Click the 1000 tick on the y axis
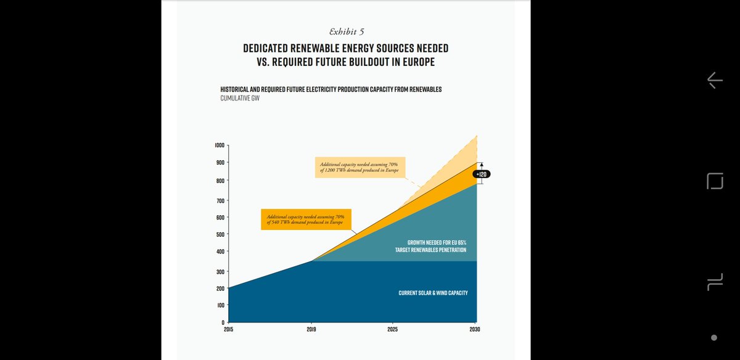pos(220,145)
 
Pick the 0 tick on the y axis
pos(223,322)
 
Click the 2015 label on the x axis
pos(228,330)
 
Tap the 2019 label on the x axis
pos(312,330)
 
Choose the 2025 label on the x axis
pos(392,330)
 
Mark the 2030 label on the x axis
pos(475,330)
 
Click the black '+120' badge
pos(482,174)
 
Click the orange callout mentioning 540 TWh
pos(306,219)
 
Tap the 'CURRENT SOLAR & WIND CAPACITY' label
pos(433,293)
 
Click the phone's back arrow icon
pos(714,80)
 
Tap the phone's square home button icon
pos(715,181)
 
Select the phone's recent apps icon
pos(714,282)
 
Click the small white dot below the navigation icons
pos(714,338)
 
